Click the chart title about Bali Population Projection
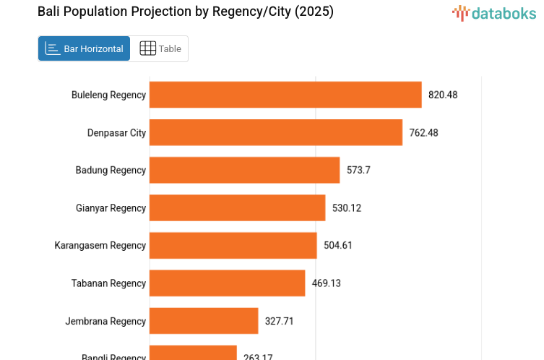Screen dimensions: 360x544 pyautogui.click(x=186, y=12)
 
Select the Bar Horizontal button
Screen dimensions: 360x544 pyautogui.click(x=85, y=48)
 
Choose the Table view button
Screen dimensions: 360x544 pyautogui.click(x=160, y=48)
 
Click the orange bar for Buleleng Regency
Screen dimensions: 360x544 pyautogui.click(x=285, y=95)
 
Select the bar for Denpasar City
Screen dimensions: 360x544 pyautogui.click(x=276, y=132)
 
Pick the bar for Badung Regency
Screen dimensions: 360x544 pyautogui.click(x=244, y=170)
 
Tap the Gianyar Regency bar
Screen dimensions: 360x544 pyautogui.click(x=237, y=208)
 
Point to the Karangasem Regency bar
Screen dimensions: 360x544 pyautogui.click(x=233, y=246)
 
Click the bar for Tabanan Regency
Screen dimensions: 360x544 pyautogui.click(x=227, y=283)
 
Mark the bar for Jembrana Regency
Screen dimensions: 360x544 pyautogui.click(x=204, y=321)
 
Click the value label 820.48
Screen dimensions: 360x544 pyautogui.click(x=443, y=95)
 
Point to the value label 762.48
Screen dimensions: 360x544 pyautogui.click(x=423, y=132)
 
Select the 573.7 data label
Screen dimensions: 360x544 pyautogui.click(x=358, y=170)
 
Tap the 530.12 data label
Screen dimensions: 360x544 pyautogui.click(x=347, y=208)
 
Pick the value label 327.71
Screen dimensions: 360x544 pyautogui.click(x=280, y=321)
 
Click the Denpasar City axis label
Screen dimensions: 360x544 pyautogui.click(x=116, y=132)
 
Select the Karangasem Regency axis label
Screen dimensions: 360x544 pyautogui.click(x=100, y=246)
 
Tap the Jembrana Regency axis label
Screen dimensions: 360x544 pyautogui.click(x=105, y=321)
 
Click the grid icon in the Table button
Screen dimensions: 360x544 pyautogui.click(x=147, y=48)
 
